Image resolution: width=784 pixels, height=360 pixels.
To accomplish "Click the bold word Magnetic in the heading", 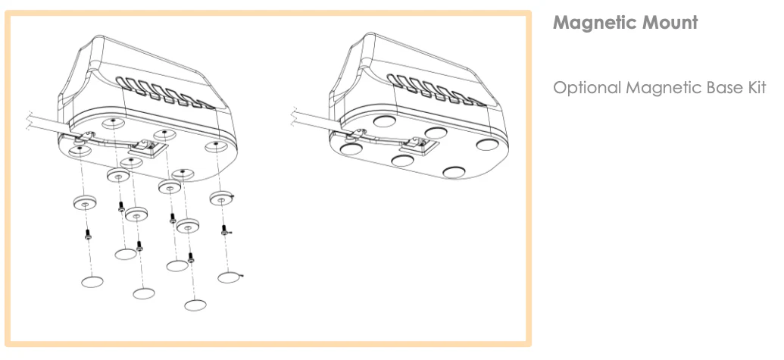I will coord(591,23).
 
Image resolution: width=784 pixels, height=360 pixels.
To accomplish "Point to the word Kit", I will coord(754,88).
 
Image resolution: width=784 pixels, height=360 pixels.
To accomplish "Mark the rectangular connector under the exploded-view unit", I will coord(147,149).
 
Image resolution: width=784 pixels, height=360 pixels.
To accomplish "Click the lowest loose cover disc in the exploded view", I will coord(195,305).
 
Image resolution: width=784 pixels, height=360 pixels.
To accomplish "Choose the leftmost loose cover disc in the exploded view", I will coord(92,282).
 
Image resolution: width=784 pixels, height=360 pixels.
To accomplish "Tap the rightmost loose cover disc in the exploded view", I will coord(229,277).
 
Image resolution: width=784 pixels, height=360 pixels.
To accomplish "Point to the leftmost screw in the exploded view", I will coord(88,234).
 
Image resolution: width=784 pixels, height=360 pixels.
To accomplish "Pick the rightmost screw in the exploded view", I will coord(224,230).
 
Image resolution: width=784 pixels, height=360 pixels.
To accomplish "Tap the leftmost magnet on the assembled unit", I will coord(350,151).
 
